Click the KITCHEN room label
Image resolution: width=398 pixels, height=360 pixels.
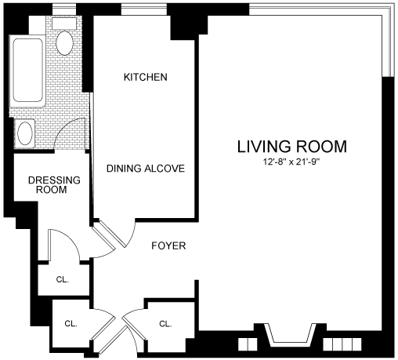tap(146, 77)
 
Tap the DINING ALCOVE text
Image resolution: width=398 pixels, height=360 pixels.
tap(146, 169)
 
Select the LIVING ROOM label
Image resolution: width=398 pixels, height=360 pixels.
tap(292, 147)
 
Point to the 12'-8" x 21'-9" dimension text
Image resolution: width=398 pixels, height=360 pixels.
tap(291, 162)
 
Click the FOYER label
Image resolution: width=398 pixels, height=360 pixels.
tap(168, 245)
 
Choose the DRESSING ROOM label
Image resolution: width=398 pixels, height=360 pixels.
tap(54, 185)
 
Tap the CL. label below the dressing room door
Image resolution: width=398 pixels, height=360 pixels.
tap(63, 280)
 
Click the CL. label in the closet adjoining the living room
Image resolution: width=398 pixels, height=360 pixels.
tap(165, 324)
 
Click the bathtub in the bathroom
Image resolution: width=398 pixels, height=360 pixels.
tap(27, 71)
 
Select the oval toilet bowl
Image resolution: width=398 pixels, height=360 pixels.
tap(64, 43)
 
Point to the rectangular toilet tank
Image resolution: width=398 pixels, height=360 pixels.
tap(64, 24)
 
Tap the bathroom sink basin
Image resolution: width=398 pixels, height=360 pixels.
tap(25, 133)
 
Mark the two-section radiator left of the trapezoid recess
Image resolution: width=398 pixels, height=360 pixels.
tap(248, 344)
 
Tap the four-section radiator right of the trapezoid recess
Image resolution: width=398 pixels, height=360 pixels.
tap(342, 344)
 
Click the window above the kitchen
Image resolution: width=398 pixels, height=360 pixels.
tap(144, 10)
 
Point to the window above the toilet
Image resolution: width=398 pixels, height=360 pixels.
tap(64, 10)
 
